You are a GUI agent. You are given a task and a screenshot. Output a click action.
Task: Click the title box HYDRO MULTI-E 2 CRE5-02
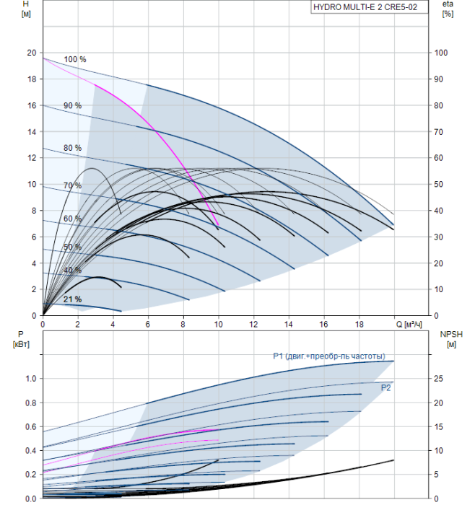(370, 7)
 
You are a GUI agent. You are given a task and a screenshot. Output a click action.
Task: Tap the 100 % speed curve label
(75, 59)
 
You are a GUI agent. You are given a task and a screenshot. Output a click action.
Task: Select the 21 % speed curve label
(72, 299)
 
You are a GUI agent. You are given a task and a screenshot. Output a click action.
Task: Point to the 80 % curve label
(72, 148)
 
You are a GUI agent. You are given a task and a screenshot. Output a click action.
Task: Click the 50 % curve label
(72, 247)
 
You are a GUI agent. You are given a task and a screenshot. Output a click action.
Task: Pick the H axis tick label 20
(32, 53)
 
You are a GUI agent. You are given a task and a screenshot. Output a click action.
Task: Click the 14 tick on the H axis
(32, 132)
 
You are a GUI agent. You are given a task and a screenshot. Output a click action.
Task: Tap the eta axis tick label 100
(440, 53)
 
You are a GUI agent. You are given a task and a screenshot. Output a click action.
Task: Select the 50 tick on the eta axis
(438, 184)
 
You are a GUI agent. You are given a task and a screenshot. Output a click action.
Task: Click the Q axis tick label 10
(218, 325)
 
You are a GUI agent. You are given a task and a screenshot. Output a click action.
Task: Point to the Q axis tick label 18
(359, 325)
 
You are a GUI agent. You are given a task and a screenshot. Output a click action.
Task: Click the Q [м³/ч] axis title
(409, 325)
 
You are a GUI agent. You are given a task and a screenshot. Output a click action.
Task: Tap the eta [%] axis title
(448, 9)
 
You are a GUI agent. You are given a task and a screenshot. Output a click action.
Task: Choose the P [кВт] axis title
(21, 339)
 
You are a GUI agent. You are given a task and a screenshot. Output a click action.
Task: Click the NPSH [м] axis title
(451, 339)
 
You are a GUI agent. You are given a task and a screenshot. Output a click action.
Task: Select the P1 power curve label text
(329, 356)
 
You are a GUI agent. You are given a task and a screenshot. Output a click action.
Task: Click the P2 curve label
(385, 388)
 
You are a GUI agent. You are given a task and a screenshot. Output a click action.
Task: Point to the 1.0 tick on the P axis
(31, 379)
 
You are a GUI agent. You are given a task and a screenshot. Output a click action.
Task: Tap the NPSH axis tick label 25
(438, 379)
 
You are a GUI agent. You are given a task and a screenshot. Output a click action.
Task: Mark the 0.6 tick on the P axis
(31, 427)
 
